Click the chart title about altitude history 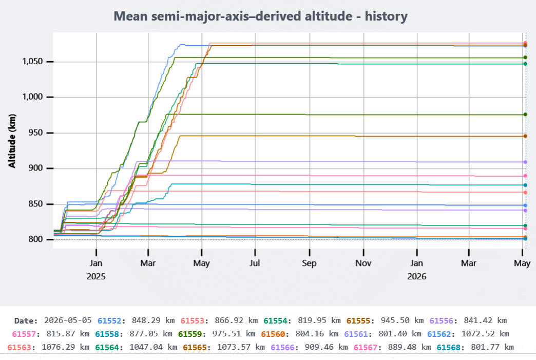coord(260,16)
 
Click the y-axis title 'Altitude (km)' coord(12,141)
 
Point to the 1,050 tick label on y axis coord(32,62)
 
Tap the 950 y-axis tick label coord(35,132)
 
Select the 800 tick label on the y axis coord(35,239)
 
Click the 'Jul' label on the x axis coord(255,263)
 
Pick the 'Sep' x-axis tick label coord(309,263)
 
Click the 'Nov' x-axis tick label coord(363,263)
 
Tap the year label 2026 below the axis coord(417,276)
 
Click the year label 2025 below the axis coord(96,276)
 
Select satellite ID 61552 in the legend coord(109,320)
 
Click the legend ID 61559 coord(190,334)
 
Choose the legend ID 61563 coord(19,347)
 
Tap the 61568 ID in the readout coord(449,347)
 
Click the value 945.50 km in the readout coord(402,320)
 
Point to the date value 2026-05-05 coord(68,320)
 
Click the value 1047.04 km coord(153,347)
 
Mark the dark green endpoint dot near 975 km coord(525,115)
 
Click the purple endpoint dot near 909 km coord(525,162)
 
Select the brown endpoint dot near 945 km coord(525,136)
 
